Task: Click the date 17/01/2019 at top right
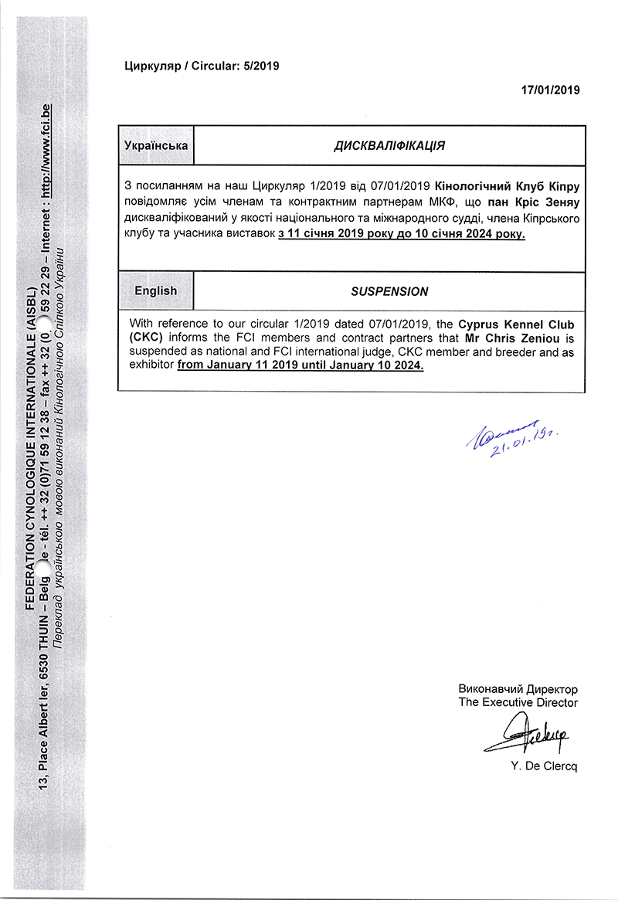pos(550,90)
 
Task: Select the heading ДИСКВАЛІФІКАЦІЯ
pos(389,145)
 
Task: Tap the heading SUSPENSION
pos(389,291)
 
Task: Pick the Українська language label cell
pos(156,145)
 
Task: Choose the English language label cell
pos(156,291)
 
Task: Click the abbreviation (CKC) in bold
pos(146,338)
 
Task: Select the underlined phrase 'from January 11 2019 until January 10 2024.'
pos(301,365)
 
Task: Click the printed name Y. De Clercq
pos(544,766)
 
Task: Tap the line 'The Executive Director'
pos(518,702)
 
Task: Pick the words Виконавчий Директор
pos(518,688)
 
